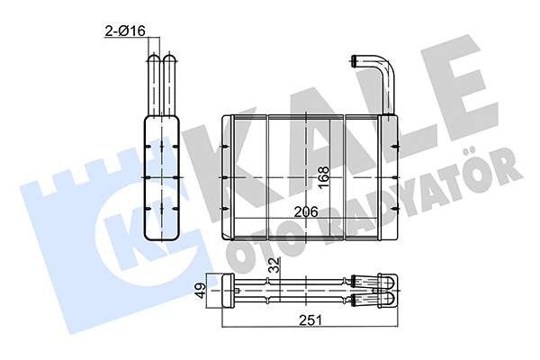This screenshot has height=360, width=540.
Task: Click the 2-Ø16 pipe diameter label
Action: click(125, 31)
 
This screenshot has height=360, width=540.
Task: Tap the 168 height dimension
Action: click(324, 177)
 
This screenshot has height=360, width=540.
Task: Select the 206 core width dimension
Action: click(306, 211)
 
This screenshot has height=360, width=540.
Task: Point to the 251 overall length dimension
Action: click(310, 320)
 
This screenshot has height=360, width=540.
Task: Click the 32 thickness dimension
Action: click(274, 265)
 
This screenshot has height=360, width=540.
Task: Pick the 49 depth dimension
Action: click(201, 291)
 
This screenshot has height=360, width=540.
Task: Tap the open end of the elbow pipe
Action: click(353, 61)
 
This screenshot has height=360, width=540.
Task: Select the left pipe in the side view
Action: click(154, 85)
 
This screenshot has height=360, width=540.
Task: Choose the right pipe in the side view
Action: click(169, 85)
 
